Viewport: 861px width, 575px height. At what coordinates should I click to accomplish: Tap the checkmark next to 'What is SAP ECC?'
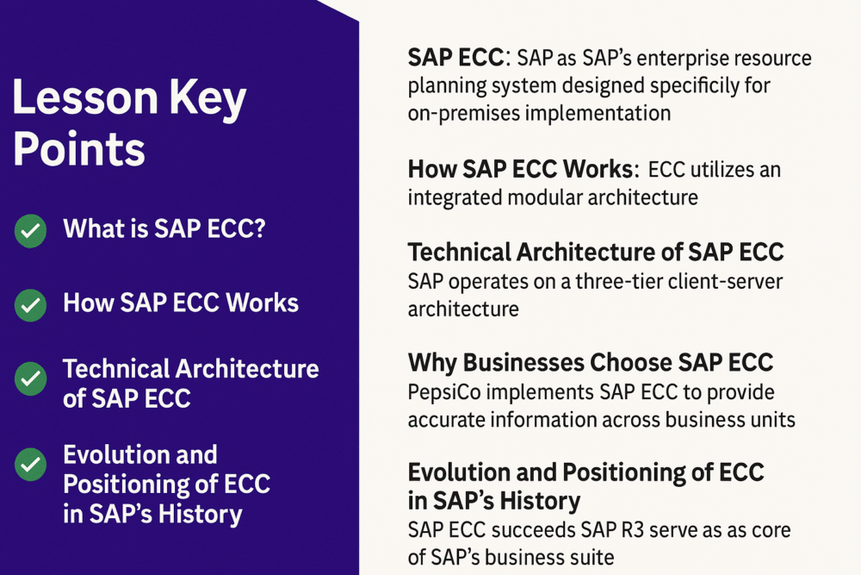(x=31, y=231)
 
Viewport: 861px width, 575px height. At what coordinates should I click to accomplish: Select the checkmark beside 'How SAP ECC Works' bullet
(x=31, y=304)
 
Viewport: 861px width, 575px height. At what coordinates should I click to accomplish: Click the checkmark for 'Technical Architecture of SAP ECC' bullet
(x=31, y=378)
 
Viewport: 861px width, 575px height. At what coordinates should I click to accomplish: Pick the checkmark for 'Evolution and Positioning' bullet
(x=31, y=465)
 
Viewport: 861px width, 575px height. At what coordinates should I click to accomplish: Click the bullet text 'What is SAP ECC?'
(x=164, y=230)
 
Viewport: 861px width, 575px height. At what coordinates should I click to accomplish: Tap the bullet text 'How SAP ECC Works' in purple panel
(x=181, y=303)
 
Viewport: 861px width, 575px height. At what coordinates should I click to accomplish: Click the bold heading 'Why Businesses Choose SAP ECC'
(x=590, y=362)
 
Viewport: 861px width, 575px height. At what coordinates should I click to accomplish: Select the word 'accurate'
(x=447, y=420)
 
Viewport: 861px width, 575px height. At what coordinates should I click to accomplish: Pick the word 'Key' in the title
(x=211, y=101)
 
